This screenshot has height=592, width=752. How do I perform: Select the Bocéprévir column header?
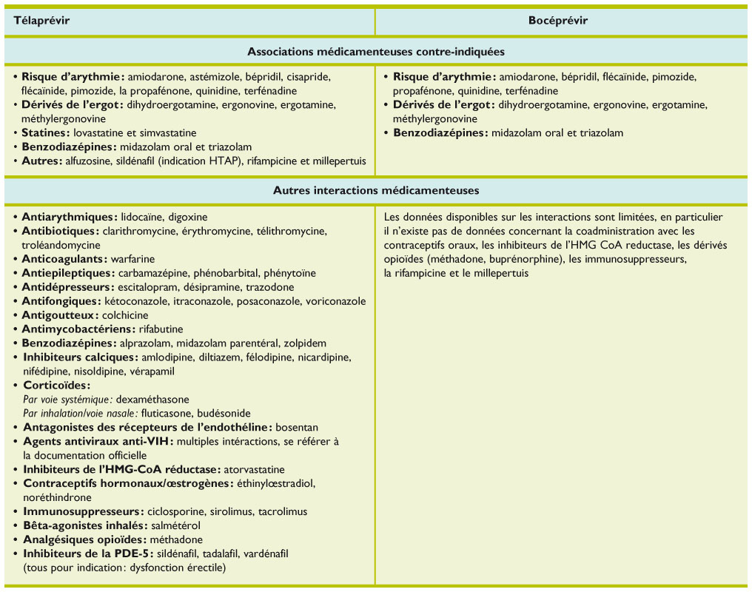[559, 20]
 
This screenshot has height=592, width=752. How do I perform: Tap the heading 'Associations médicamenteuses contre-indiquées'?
[376, 52]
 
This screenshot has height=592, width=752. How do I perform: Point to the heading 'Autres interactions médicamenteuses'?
[376, 190]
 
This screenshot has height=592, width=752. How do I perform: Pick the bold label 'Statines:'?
[46, 133]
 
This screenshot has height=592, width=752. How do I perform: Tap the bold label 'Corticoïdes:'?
[56, 386]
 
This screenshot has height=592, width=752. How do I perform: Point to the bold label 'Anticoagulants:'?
[64, 259]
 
